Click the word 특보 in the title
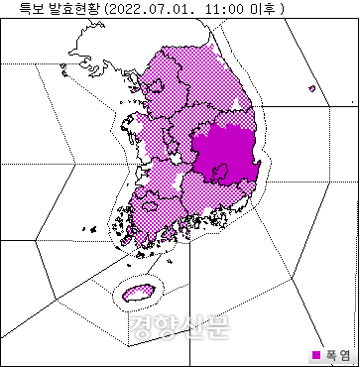(x=17, y=8)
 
